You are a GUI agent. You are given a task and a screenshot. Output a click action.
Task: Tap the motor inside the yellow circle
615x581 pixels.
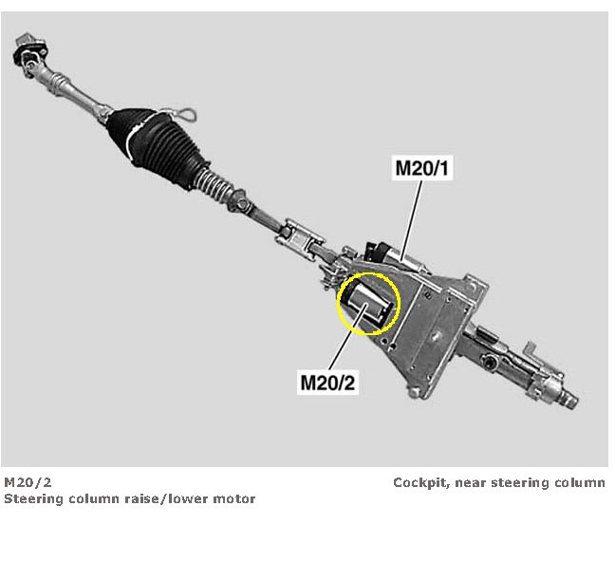(366, 304)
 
